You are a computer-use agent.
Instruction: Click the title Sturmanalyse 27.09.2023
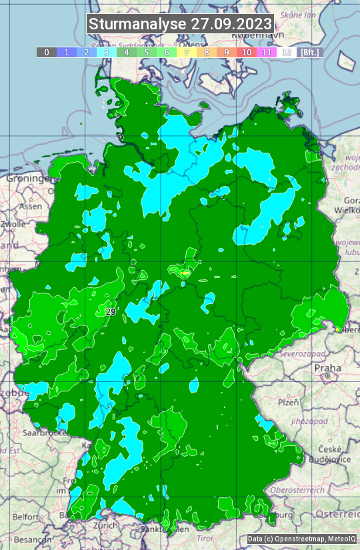(180, 24)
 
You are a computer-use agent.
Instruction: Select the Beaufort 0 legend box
(47, 52)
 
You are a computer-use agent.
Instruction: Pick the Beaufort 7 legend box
(187, 52)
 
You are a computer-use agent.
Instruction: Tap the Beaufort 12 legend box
(287, 52)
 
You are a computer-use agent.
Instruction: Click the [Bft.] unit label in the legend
(309, 52)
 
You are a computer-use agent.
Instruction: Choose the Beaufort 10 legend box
(247, 52)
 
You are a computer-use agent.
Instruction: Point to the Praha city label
(327, 368)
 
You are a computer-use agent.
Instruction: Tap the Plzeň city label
(288, 403)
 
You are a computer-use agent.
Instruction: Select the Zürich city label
(107, 525)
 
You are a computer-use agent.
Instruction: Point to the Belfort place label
(25, 517)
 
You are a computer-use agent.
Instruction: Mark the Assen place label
(29, 207)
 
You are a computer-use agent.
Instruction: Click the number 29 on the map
(111, 311)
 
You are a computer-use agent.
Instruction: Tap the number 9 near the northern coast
(121, 138)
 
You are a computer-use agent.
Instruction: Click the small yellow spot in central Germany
(185, 272)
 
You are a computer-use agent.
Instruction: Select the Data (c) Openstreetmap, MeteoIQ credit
(301, 539)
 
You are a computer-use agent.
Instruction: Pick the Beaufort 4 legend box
(127, 52)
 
